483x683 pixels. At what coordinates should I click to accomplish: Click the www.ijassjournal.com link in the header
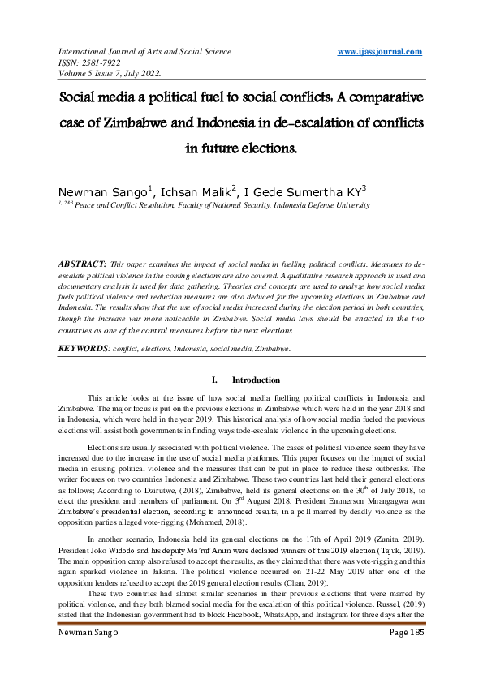[379, 52]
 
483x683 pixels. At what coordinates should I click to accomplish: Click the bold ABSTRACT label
[82, 265]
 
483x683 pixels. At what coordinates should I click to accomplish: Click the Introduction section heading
[256, 380]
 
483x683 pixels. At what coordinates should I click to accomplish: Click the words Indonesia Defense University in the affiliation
[320, 207]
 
